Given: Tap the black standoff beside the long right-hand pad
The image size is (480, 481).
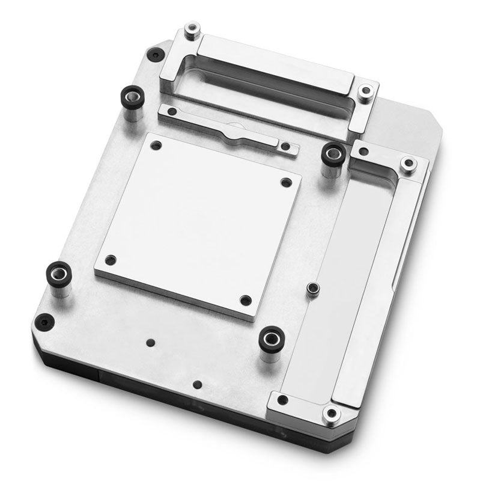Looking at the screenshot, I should [x=332, y=154].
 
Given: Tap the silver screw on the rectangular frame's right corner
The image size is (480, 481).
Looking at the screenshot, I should [x=365, y=91].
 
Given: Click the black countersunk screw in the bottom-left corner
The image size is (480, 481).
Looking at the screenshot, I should [x=43, y=321].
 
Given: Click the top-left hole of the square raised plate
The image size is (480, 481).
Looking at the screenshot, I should [x=156, y=146].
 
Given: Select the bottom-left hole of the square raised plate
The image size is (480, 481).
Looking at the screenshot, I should [x=110, y=260].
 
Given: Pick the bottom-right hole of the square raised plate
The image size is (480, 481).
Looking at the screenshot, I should [x=245, y=299].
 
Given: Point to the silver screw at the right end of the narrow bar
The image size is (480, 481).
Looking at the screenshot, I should [x=286, y=146].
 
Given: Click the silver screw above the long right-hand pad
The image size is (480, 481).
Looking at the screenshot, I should [x=408, y=163].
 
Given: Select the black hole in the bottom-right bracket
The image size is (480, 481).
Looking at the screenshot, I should [x=282, y=400].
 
